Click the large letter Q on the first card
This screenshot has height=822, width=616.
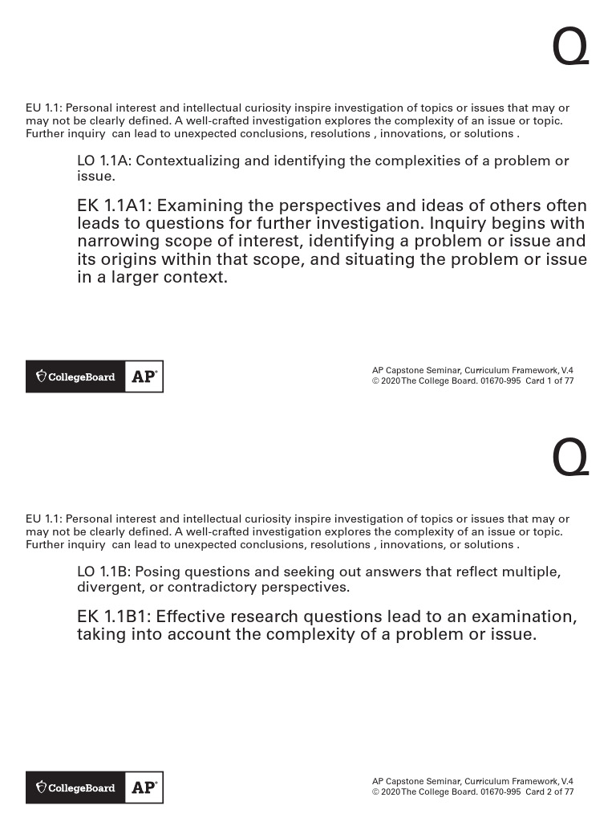pos(570,50)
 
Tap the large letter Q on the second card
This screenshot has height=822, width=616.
pos(570,460)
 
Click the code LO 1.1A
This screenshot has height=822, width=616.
pos(105,161)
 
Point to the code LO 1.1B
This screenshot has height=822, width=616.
pos(105,572)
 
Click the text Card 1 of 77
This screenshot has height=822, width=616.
pos(549,381)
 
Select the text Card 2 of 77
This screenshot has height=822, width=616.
pos(549,791)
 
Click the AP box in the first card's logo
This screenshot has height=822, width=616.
pos(144,376)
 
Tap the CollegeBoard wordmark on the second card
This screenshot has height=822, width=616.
pos(81,787)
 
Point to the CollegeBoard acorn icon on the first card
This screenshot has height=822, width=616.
pos(41,376)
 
